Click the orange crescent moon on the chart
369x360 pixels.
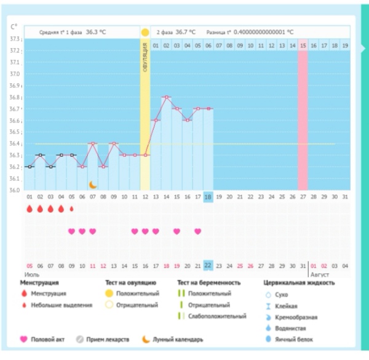(92, 184)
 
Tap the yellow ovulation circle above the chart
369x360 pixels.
(145, 32)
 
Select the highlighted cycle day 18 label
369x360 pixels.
(208, 197)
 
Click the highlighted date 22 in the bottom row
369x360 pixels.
(208, 265)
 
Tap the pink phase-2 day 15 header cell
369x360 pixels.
(303, 46)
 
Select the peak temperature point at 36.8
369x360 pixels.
(166, 97)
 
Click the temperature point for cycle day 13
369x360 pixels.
(155, 120)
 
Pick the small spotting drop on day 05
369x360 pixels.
(71, 209)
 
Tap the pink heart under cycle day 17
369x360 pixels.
(197, 231)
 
